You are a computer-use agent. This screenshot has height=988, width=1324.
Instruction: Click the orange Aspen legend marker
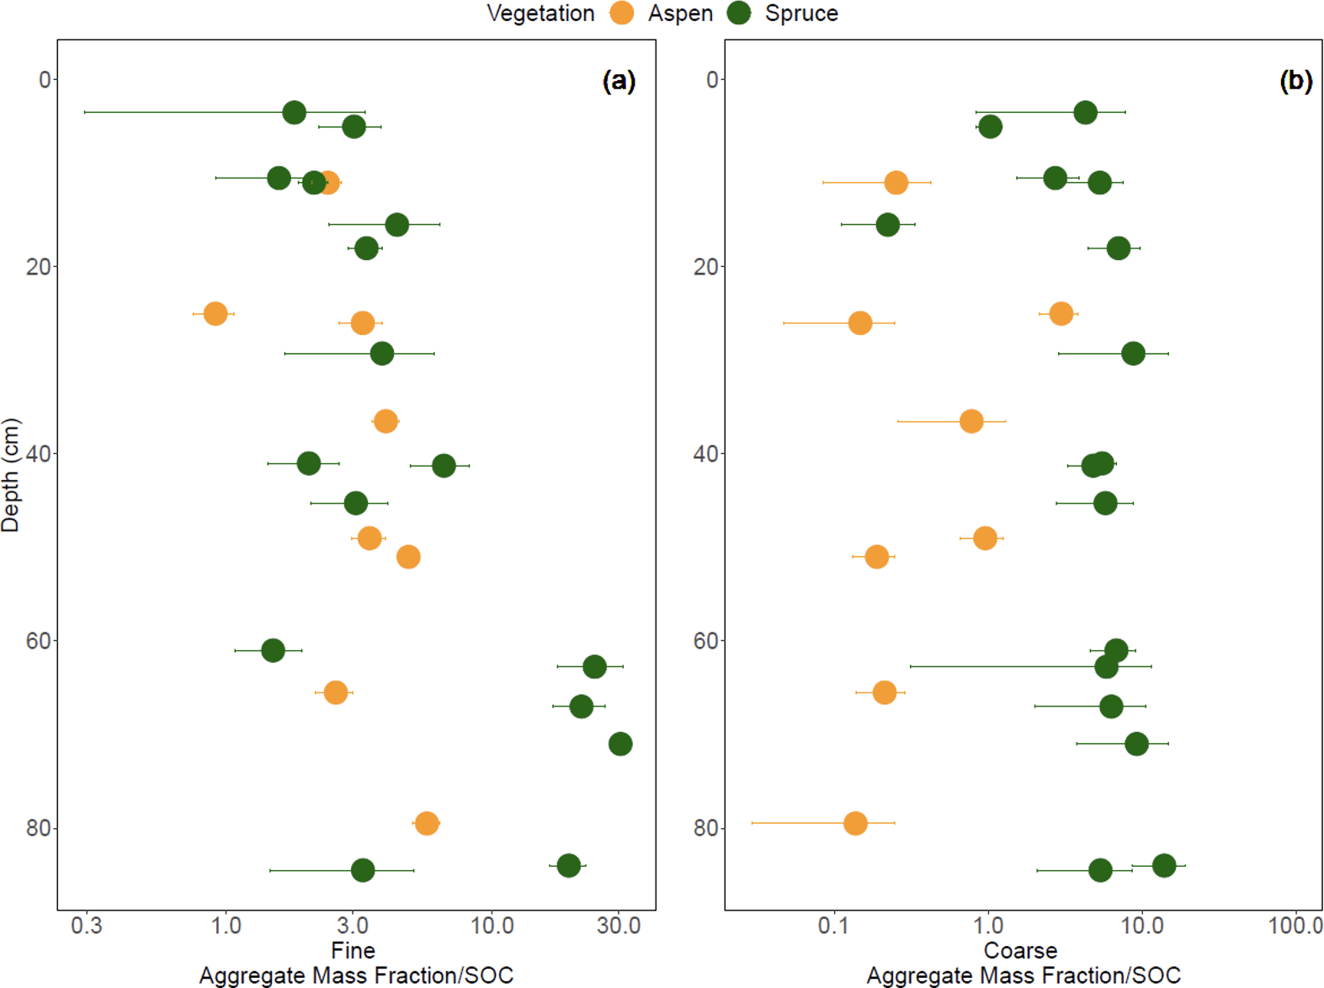622,13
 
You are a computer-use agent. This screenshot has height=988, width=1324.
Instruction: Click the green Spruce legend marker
739,13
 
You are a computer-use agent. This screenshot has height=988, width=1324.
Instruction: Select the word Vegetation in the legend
540,13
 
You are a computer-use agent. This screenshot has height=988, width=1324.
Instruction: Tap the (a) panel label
619,81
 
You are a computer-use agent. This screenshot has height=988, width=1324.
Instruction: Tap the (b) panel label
1295,81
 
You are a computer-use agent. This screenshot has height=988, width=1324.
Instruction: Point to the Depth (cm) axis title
11,475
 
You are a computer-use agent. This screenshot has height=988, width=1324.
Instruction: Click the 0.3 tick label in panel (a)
87,926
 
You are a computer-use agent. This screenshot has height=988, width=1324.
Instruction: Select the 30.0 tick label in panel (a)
619,926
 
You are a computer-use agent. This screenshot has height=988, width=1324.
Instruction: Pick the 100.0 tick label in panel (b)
1295,926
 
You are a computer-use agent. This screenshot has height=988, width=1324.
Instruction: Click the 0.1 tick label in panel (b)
833,926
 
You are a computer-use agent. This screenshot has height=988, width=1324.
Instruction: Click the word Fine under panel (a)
353,951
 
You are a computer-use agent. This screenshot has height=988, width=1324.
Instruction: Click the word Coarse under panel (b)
1020,951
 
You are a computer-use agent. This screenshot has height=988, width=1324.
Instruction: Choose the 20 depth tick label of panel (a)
39,267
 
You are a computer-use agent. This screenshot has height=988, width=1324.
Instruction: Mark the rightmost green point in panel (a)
620,744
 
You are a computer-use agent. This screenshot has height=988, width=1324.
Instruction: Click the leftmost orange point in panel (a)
215,313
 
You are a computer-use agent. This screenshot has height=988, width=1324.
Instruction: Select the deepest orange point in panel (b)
855,823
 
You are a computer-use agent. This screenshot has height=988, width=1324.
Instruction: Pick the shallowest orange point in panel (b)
896,182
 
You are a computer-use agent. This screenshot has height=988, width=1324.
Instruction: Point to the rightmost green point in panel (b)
1164,865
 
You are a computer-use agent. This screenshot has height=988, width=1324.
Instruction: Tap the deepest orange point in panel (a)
427,823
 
